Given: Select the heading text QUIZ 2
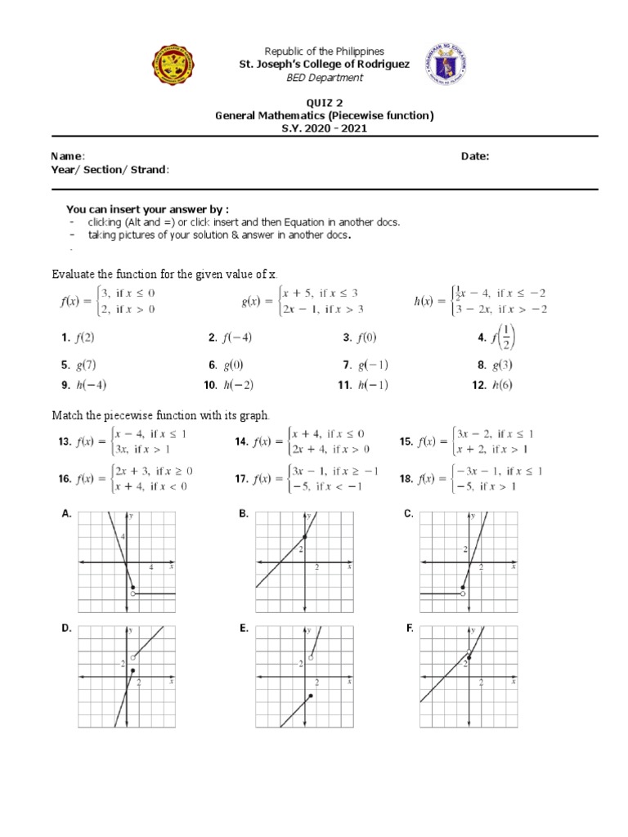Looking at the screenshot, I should pos(325,103).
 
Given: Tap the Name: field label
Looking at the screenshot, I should pos(68,156).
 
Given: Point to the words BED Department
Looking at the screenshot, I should pos(325,78).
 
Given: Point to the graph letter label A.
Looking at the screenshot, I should pos(66,514).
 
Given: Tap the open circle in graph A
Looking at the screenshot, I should pos(132,594).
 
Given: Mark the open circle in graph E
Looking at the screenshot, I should pos(312,656).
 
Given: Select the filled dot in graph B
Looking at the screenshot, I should pos(305,536).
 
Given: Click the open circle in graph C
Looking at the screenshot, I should pos(463,594).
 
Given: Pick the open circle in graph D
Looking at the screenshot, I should pos(132,656).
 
